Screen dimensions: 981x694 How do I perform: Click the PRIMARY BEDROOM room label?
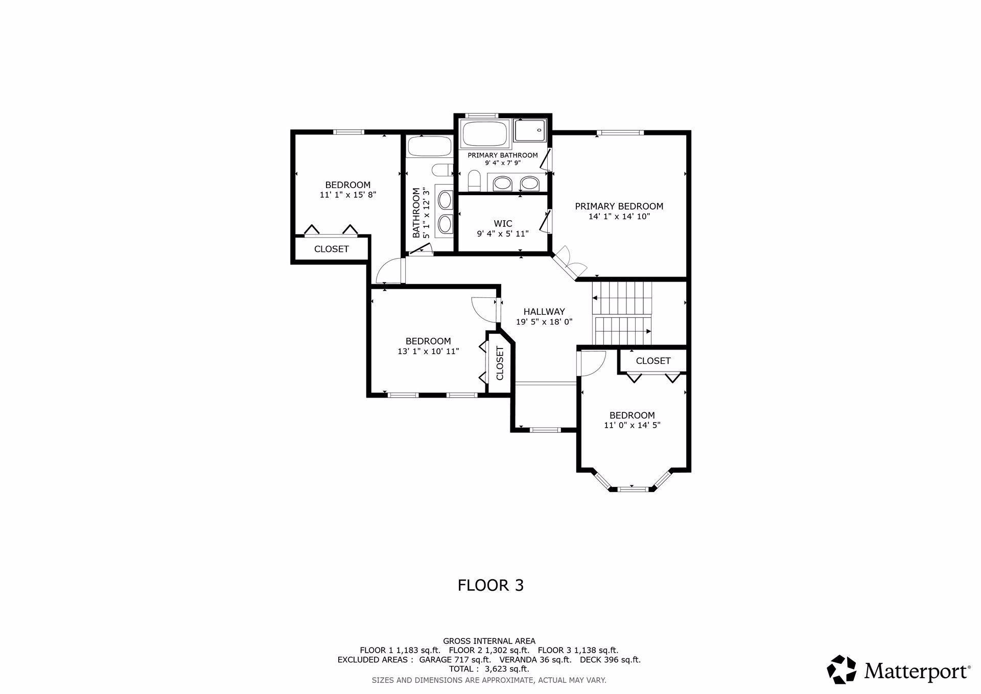(x=619, y=206)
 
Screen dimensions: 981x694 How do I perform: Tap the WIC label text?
(x=503, y=224)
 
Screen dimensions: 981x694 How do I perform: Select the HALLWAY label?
(x=544, y=312)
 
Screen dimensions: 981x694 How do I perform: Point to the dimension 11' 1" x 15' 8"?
(x=348, y=195)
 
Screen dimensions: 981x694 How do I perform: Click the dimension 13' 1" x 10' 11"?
(x=428, y=351)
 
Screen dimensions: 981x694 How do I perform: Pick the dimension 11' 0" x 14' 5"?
(x=632, y=425)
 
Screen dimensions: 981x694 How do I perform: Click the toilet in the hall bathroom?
(x=442, y=170)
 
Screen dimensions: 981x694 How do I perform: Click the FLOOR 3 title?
(x=491, y=585)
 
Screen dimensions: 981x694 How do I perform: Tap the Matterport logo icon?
(x=842, y=669)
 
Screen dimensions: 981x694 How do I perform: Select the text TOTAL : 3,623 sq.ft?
(x=489, y=669)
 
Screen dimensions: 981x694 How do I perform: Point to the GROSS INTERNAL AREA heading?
(x=489, y=641)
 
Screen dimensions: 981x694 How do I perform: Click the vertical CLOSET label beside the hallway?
(x=500, y=363)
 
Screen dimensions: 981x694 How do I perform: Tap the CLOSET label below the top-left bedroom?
(x=332, y=249)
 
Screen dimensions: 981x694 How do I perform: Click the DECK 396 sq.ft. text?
(x=610, y=660)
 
